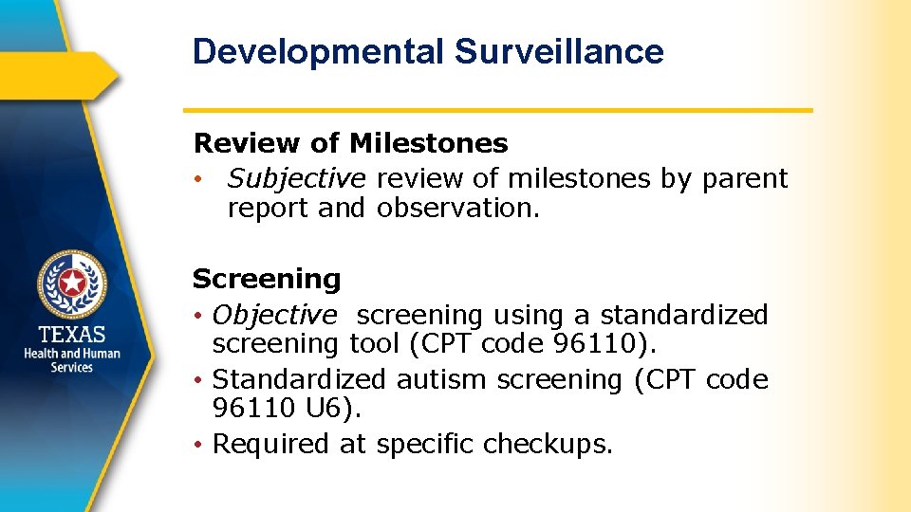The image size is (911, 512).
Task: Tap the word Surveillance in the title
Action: point(559,52)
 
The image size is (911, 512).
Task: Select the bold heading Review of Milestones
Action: point(350,143)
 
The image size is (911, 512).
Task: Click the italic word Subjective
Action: point(296,178)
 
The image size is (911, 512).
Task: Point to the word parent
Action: point(745,178)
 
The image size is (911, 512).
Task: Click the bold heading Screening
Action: point(267,279)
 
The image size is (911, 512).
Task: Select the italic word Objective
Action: point(274,314)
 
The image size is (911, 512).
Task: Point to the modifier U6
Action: point(334,410)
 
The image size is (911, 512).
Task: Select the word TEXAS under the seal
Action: point(72,335)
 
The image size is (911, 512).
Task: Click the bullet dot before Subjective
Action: point(197,179)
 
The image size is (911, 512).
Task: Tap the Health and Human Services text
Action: point(72,360)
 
